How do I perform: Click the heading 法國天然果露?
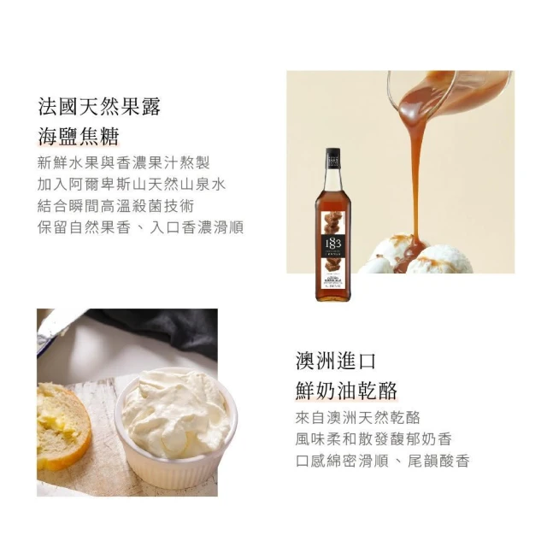[99, 106]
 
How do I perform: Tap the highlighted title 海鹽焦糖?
[79, 136]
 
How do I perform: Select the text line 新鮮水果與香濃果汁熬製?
[123, 163]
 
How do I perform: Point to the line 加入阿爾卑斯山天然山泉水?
[132, 185]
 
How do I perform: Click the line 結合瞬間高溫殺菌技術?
[115, 206]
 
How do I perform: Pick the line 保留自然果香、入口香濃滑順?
[140, 228]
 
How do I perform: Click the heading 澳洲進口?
[336, 361]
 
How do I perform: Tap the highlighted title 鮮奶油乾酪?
[346, 391]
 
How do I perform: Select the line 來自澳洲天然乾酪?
[357, 417]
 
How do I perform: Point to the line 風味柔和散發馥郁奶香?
[373, 438]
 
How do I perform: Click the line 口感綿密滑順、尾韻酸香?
[382, 461]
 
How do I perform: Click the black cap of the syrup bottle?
[333, 159]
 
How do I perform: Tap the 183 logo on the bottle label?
[333, 243]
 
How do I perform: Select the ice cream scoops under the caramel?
[415, 256]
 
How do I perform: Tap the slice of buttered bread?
[62, 426]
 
